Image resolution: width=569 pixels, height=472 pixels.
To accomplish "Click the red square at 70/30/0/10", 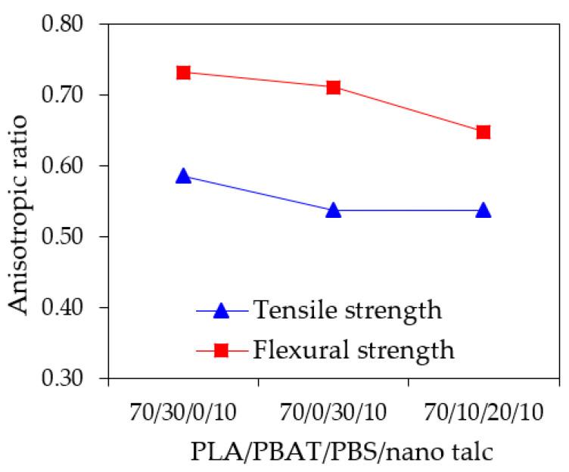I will pos(183,73).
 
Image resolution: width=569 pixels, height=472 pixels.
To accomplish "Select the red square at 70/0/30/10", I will pos(333,87).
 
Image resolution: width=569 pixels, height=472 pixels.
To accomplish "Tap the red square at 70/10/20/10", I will pos(483,132).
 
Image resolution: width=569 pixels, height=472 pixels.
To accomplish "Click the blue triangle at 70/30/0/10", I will pos(183,176).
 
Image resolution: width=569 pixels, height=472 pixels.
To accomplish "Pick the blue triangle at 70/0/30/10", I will pos(333,210).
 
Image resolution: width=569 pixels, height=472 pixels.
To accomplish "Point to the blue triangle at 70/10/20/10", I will pos(483,210).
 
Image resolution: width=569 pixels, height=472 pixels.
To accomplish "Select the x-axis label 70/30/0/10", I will pos(183,413).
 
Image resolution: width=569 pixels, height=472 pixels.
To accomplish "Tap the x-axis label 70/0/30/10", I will pos(333,413).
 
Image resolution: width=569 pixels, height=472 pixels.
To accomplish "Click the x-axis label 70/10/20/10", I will pos(483,413).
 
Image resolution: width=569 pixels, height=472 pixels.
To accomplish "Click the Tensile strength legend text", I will pos(347,309).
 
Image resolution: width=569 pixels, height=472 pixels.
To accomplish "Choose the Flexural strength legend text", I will pos(353,350).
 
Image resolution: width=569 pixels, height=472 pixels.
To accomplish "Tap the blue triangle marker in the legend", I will pos(222,309).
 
